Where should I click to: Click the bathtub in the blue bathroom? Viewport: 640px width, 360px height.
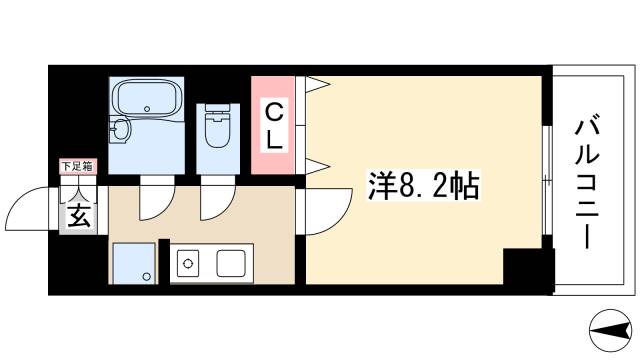point(146,100)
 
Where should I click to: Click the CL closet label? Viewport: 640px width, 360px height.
point(274,124)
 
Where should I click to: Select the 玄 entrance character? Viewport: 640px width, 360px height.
point(78,214)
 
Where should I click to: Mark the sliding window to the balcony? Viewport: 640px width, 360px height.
point(546,180)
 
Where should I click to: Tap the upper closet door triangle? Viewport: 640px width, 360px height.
point(315,85)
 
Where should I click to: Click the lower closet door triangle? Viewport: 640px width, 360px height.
point(315,164)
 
